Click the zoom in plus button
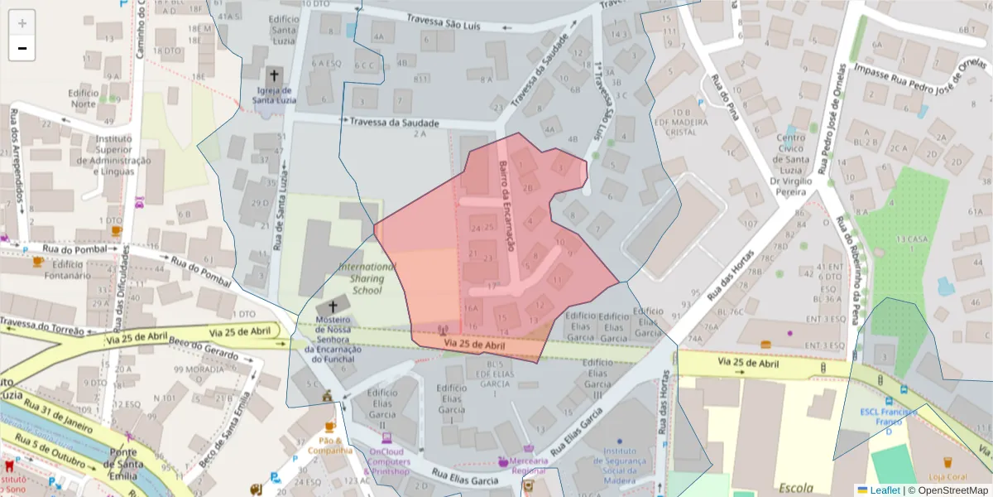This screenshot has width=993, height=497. pyautogui.click(x=22, y=23)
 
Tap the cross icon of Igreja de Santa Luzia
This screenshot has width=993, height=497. pyautogui.click(x=275, y=75)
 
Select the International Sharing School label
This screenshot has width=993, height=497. pyautogui.click(x=367, y=278)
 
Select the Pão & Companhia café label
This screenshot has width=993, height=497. pyautogui.click(x=330, y=446)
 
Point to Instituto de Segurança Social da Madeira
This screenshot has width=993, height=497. pyautogui.click(x=620, y=466)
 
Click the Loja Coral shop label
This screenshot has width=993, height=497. pyautogui.click(x=947, y=476)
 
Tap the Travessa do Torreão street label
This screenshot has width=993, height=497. pyautogui.click(x=41, y=325)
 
